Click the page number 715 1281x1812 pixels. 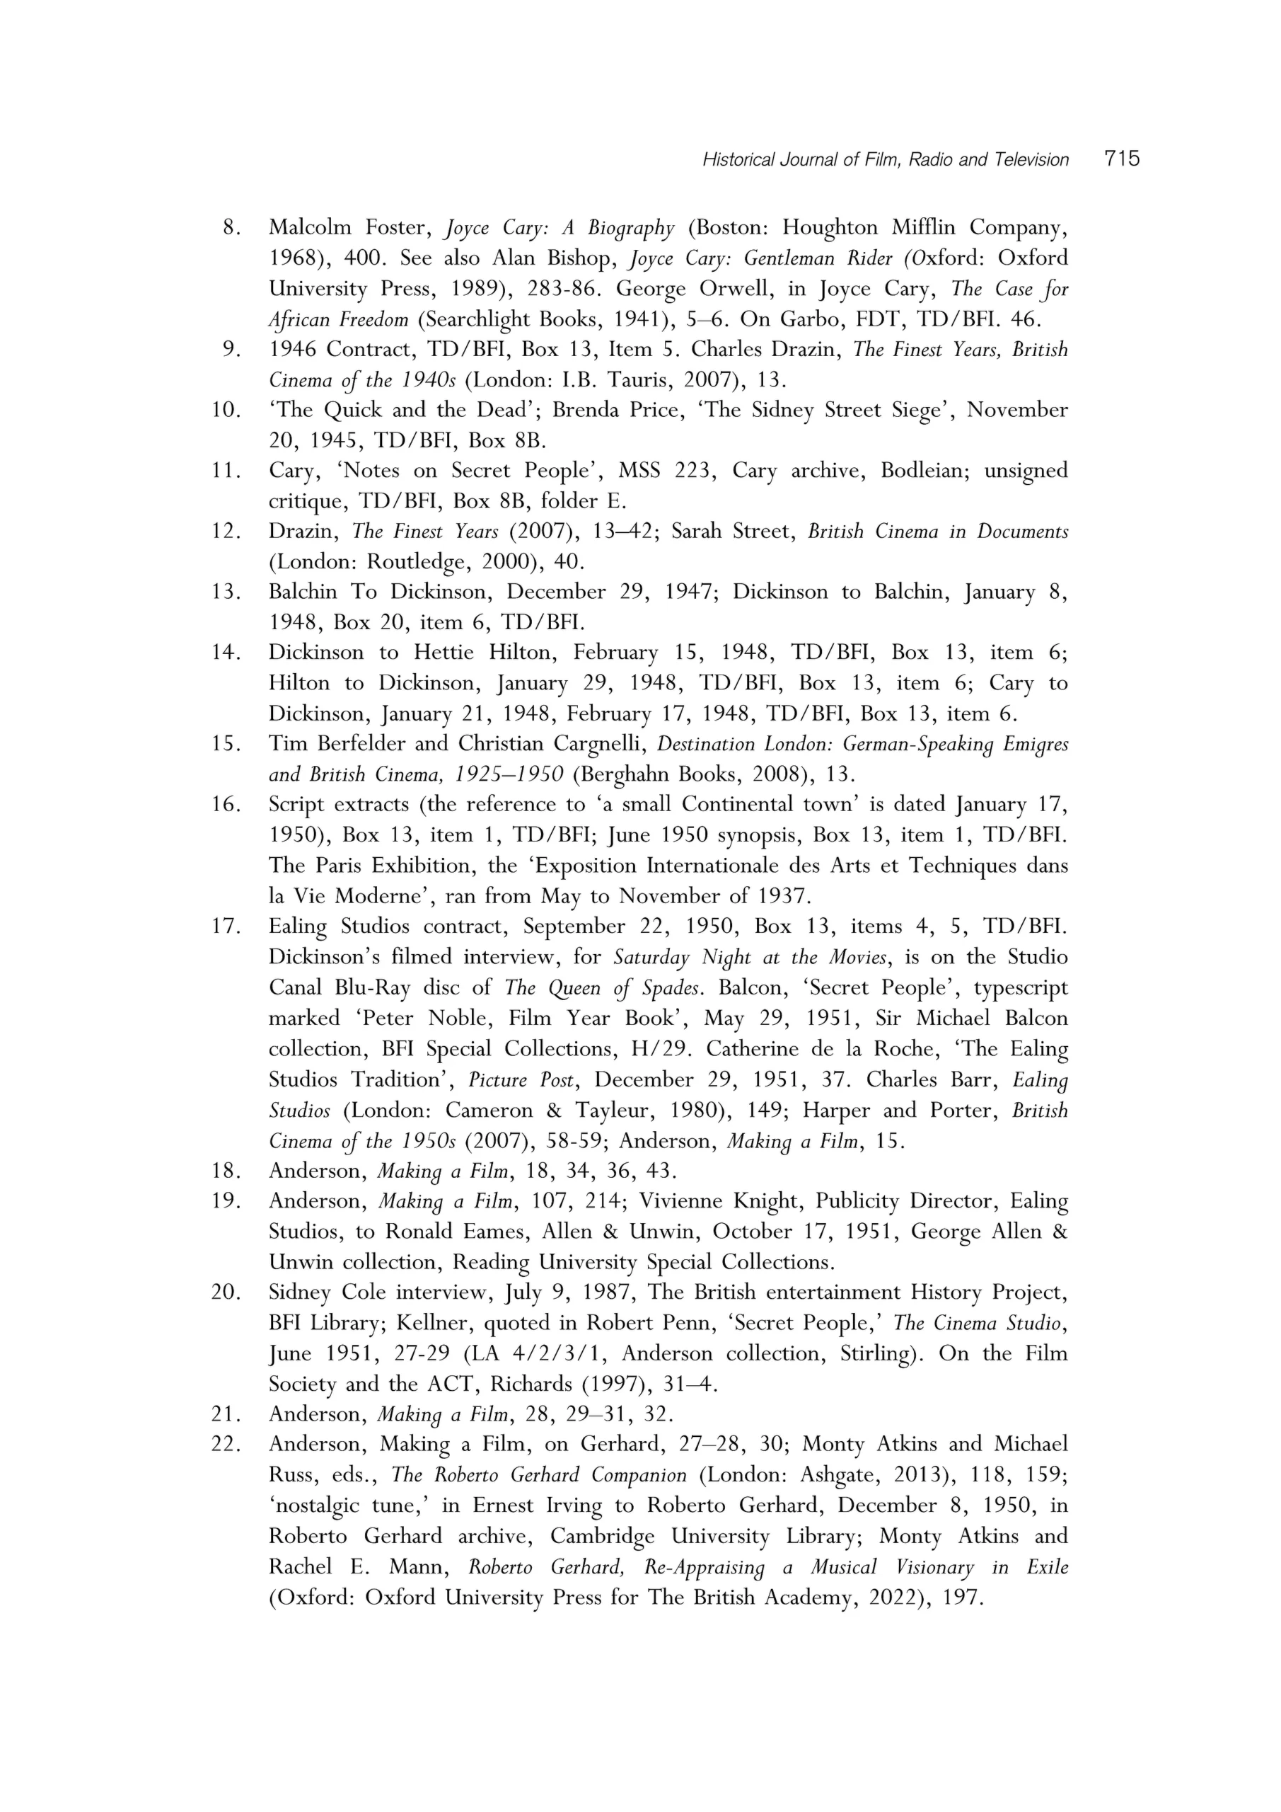click(1122, 159)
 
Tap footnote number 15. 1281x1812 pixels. click(226, 744)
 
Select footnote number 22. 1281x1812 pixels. click(226, 1444)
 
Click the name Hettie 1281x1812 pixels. click(441, 653)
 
